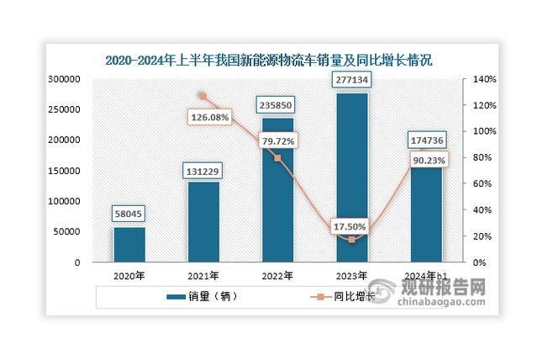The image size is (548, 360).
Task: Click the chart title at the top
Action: point(274,60)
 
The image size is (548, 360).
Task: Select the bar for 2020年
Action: point(129,244)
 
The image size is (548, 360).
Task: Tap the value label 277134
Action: point(351,81)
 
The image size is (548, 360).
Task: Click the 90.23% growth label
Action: point(425,159)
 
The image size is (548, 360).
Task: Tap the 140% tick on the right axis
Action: point(487,79)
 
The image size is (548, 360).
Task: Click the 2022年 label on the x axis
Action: point(277,276)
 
